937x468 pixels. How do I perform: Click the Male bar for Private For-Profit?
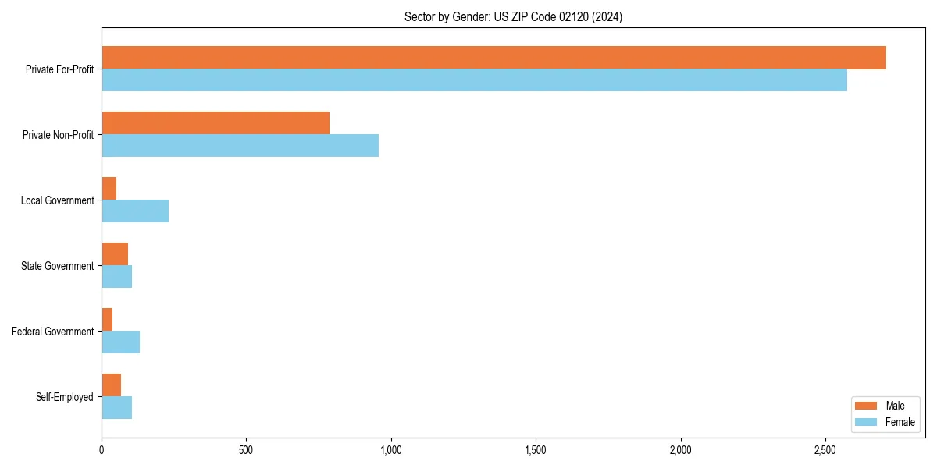pos(493,58)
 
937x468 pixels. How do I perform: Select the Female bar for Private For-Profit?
pos(474,80)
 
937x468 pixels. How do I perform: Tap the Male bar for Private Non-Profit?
pos(216,123)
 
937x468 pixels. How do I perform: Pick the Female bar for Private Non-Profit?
pos(240,146)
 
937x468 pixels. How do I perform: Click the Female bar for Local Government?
pos(135,211)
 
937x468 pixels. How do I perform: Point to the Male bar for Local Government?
pos(109,189)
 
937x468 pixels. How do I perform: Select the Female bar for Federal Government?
pos(120,342)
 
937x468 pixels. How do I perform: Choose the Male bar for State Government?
pos(115,254)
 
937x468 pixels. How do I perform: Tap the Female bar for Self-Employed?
pos(116,408)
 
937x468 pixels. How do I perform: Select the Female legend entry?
pos(884,422)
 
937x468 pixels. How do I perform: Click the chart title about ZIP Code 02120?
pos(513,17)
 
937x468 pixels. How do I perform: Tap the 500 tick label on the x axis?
pos(246,450)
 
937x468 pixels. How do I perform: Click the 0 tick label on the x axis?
pos(102,450)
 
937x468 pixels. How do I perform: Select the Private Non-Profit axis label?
pos(58,135)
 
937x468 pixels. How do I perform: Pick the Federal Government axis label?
pos(52,331)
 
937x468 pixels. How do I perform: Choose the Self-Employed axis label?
pos(64,397)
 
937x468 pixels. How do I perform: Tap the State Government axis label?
pos(57,266)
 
